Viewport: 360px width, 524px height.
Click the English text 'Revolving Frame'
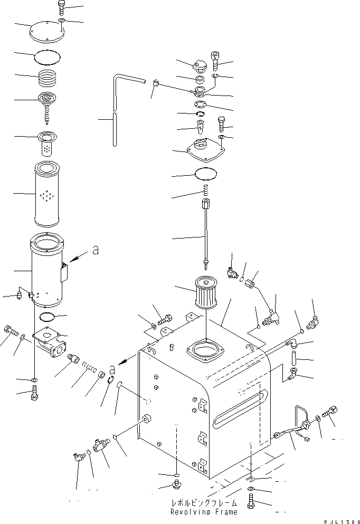(x=203, y=512)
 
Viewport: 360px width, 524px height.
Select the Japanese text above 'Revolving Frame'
(x=203, y=503)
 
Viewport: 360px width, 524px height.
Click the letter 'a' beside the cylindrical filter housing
(x=96, y=252)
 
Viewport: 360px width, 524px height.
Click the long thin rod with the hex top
(x=205, y=232)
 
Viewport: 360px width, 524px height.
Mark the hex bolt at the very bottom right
(x=250, y=506)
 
